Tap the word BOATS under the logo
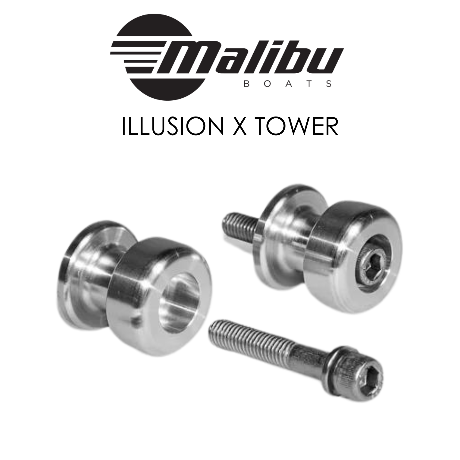tap(287, 84)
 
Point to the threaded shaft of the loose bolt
tap(255, 339)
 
